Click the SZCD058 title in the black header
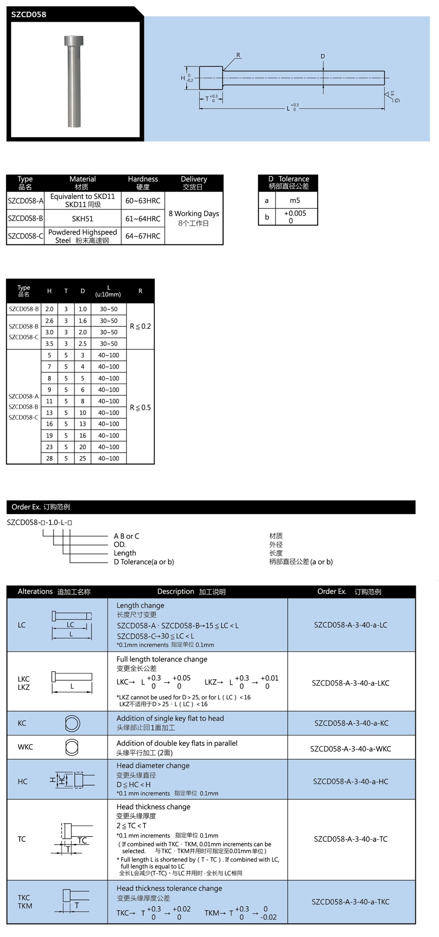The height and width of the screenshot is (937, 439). coord(29,14)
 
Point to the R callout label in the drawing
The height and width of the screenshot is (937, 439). coord(238,55)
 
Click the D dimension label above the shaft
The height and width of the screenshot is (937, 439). coord(323,56)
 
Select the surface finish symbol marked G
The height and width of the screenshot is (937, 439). coord(392,96)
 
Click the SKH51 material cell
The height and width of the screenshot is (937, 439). coord(83,218)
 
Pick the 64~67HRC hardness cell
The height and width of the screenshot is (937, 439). coord(143,236)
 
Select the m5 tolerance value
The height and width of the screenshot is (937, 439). coord(295,200)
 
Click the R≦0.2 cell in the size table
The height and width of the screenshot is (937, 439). coord(140,326)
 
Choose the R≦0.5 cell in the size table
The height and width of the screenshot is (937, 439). coord(140,408)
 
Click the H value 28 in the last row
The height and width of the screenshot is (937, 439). coord(49,458)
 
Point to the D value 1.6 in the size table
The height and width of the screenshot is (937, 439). coord(83,321)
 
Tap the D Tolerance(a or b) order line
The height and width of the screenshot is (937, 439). coord(144,562)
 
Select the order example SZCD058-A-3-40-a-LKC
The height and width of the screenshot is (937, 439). coord(350,683)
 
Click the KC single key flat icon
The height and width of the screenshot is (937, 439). coord(72,723)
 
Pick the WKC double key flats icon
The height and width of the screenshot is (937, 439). coord(72,747)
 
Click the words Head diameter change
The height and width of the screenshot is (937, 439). coord(153,765)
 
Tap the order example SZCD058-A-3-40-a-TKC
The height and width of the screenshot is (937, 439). coord(350,902)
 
